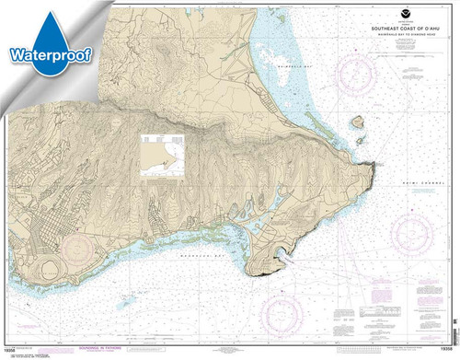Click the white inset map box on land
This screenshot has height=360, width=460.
tap(160, 151)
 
